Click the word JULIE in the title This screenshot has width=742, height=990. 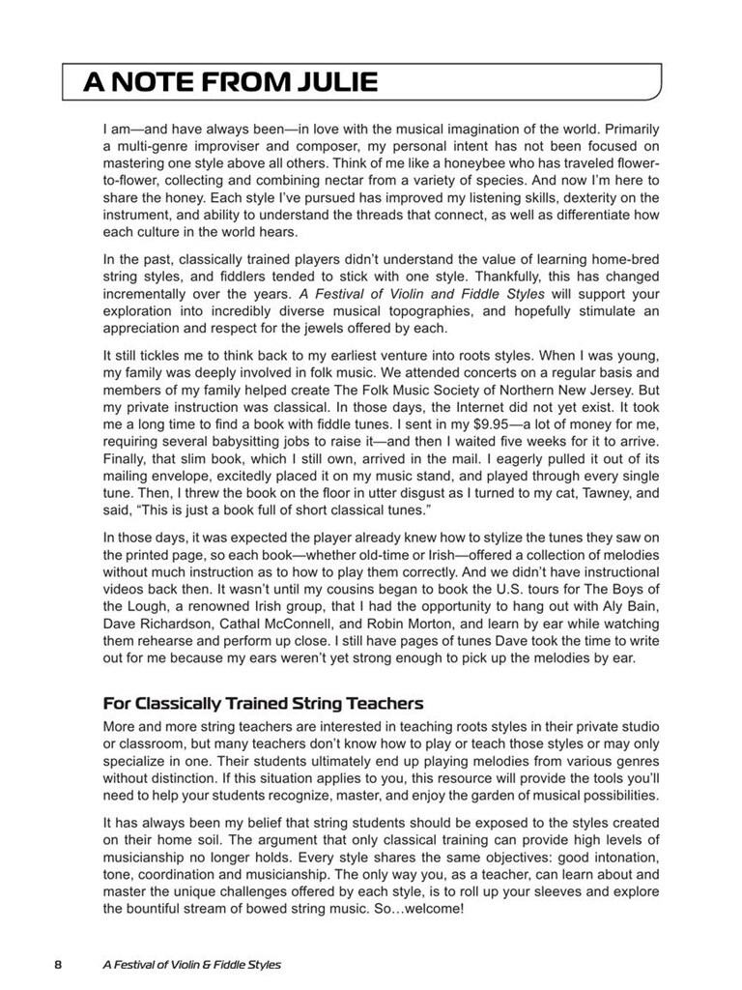tap(328, 82)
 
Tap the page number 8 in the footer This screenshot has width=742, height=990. tap(57, 964)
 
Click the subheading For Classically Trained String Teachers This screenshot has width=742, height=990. tap(263, 702)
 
